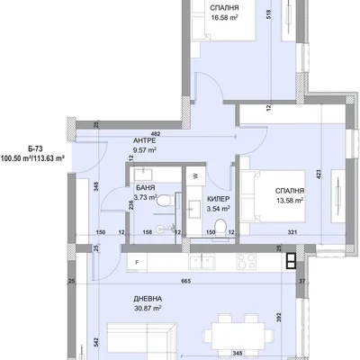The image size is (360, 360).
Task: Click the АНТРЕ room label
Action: [x=145, y=140]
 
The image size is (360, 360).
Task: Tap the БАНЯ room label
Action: [x=146, y=188]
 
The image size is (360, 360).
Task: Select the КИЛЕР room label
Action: [x=219, y=199]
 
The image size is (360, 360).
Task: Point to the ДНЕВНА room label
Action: [x=148, y=299]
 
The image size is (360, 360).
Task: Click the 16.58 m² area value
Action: [x=225, y=18]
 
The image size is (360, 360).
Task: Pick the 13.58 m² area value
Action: [x=290, y=200]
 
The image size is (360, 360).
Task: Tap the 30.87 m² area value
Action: [x=148, y=308]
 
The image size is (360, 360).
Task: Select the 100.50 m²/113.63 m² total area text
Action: [x=33, y=157]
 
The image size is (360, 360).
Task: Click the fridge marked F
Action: [x=137, y=263]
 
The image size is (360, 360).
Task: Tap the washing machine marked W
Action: [x=195, y=176]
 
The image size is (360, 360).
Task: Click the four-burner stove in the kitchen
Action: [x=247, y=261]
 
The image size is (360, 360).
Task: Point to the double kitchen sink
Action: [x=202, y=261]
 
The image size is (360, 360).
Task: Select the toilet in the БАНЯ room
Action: [x=165, y=201]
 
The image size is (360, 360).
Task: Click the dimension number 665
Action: [x=186, y=281]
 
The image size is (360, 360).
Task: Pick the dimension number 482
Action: [x=156, y=134]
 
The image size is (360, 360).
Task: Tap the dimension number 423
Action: [x=319, y=175]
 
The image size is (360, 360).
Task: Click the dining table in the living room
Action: [x=238, y=334]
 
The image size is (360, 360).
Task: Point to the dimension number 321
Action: [x=292, y=232]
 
